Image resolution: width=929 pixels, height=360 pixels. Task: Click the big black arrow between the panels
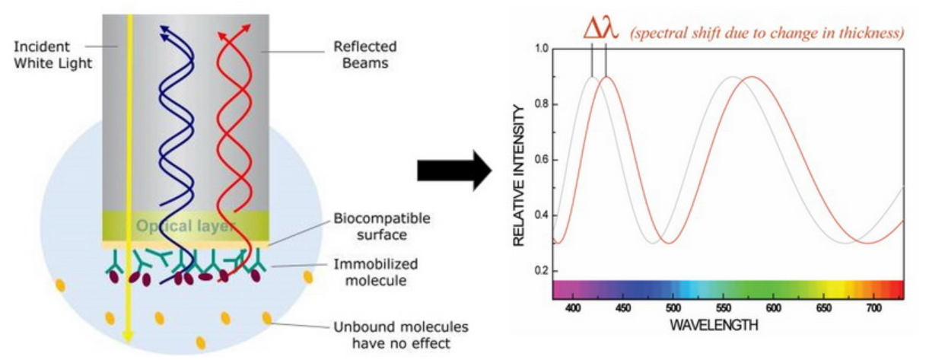pos(454,170)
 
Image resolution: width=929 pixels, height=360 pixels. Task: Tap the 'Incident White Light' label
pos(52,55)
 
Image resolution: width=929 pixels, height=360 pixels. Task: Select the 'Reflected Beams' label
pos(365,55)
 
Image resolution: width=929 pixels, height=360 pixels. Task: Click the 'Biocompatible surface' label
pos(381,227)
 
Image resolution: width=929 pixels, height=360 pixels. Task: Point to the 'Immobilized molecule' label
pos(376,272)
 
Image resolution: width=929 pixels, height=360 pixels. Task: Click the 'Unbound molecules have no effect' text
pos(401,335)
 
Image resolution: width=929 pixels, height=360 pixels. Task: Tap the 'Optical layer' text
pos(186,226)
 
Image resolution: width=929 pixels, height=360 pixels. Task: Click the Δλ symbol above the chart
pos(601,30)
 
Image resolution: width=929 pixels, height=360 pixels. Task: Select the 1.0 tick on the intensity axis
pos(541,49)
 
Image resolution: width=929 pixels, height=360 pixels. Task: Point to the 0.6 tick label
pos(541,160)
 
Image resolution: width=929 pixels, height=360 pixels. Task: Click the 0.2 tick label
pos(541,271)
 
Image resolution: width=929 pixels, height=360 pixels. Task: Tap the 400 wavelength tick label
pos(572,308)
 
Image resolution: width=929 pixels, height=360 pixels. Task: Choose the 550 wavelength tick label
pos(724,308)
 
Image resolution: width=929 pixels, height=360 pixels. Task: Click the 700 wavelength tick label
pos(874,308)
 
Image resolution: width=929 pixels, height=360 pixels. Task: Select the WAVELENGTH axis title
pos(714,325)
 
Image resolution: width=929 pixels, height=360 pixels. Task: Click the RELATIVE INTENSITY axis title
pos(519,176)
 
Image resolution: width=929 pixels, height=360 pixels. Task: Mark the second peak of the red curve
pos(752,77)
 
